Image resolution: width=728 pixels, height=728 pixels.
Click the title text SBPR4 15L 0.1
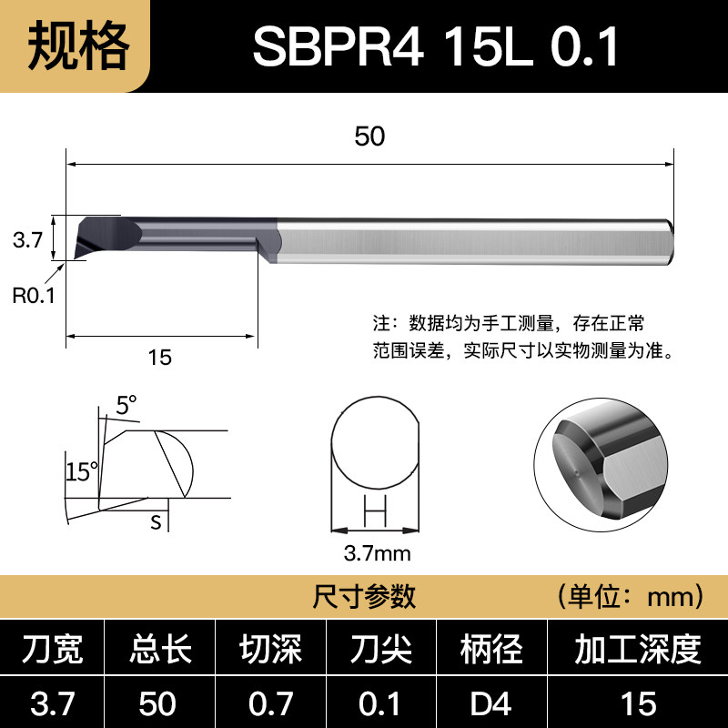[x=436, y=46]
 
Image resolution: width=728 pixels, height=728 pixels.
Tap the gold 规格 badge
[x=75, y=46]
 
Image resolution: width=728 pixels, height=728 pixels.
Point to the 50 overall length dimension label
[x=369, y=136]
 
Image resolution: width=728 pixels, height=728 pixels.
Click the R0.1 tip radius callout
[x=34, y=295]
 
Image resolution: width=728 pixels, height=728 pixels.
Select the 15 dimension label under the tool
[x=160, y=358]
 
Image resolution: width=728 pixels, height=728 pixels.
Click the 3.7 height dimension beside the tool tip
[x=27, y=240]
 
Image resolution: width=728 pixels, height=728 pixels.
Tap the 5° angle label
[x=126, y=405]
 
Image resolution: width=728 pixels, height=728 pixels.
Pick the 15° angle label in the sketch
[x=82, y=471]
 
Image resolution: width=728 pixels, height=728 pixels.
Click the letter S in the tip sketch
[x=156, y=522]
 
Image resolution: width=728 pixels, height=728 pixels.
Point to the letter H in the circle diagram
[x=375, y=511]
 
